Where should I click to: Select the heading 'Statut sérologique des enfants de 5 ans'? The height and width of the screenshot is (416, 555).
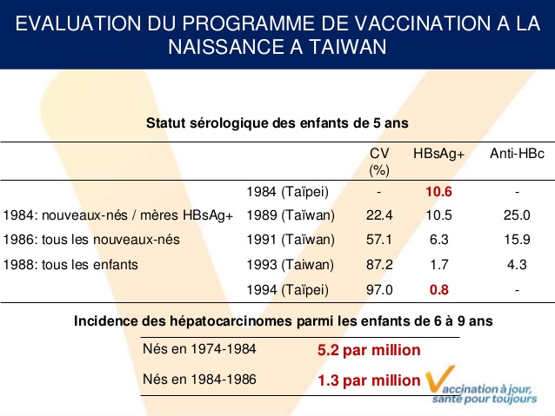(277, 123)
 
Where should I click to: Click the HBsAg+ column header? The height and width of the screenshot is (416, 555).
(439, 153)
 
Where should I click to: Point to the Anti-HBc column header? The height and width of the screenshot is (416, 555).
(517, 153)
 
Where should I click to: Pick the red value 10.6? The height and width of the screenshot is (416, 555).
(438, 191)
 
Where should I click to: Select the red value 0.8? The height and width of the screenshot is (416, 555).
(438, 289)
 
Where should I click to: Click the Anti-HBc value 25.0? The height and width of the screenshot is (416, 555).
(517, 215)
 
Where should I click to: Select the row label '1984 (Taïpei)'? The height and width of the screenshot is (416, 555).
(288, 191)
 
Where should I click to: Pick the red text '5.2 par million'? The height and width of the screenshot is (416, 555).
(369, 350)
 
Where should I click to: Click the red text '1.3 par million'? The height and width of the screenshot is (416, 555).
(369, 380)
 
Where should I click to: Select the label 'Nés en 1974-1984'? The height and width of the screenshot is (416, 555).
(199, 350)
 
